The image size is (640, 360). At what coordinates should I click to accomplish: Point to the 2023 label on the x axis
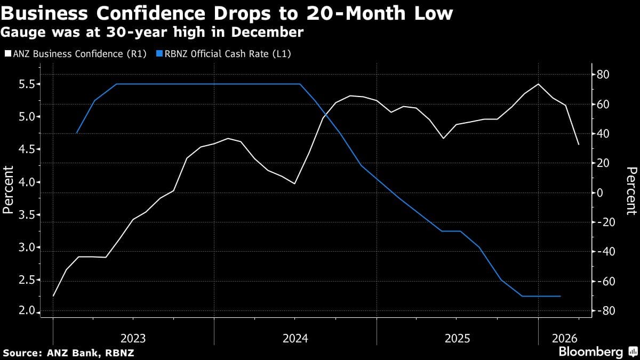tap(133, 338)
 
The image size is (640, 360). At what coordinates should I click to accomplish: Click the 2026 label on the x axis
tap(558, 338)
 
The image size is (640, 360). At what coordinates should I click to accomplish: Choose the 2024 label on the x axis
tap(295, 338)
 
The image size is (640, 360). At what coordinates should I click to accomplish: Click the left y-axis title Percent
tap(8, 189)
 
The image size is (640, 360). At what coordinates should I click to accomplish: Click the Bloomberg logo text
tap(590, 352)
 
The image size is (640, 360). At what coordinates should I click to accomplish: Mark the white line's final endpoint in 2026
tap(579, 145)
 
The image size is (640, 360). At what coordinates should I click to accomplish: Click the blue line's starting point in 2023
tap(77, 133)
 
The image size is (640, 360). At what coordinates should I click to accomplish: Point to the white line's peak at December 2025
tap(539, 84)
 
